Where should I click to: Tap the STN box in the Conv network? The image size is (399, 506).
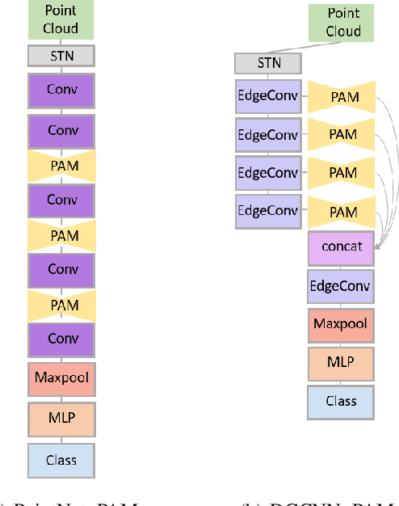pyautogui.click(x=61, y=56)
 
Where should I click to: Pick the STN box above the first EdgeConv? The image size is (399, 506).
pyautogui.click(x=268, y=63)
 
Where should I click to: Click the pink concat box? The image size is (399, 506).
pyautogui.click(x=340, y=248)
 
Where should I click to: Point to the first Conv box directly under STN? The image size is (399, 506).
pyautogui.click(x=61, y=91)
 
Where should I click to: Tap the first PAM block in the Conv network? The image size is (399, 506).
pyautogui.click(x=61, y=165)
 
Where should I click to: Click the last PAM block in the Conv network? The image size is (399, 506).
pyautogui.click(x=61, y=305)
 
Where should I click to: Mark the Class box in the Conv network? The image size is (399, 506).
pyautogui.click(x=61, y=460)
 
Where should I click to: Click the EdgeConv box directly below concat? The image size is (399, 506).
pyautogui.click(x=340, y=286)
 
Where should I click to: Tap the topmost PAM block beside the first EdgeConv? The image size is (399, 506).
pyautogui.click(x=342, y=97)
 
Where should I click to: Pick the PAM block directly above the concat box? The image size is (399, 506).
pyautogui.click(x=342, y=212)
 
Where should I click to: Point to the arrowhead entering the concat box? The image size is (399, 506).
pyautogui.click(x=376, y=251)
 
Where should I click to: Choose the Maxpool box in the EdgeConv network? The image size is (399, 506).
pyautogui.click(x=340, y=324)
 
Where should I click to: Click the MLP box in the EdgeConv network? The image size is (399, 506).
pyautogui.click(x=340, y=362)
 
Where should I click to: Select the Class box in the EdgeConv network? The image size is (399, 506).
pyautogui.click(x=340, y=401)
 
